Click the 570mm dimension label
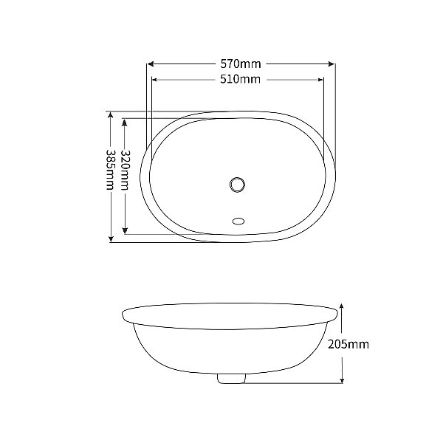(x=240, y=64)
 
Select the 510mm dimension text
(x=240, y=79)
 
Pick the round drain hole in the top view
(x=238, y=184)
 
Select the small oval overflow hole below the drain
(x=238, y=219)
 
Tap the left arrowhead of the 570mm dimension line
(x=148, y=64)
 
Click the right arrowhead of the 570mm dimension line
(x=332, y=64)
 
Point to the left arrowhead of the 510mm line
(x=154, y=79)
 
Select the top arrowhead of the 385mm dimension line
(x=111, y=115)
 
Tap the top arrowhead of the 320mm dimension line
(x=125, y=120)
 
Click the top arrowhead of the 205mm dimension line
(x=342, y=304)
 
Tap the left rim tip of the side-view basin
(x=123, y=316)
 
